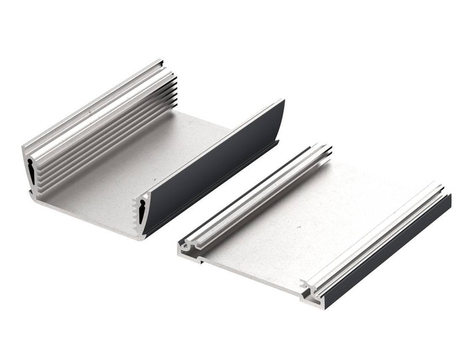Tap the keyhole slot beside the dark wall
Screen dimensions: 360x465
coord(142,210)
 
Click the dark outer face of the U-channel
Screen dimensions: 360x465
coord(215,166)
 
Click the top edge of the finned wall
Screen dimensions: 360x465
coord(90,104)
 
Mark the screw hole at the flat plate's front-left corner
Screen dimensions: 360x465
coord(184,245)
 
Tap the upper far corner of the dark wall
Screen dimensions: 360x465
coord(282,102)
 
